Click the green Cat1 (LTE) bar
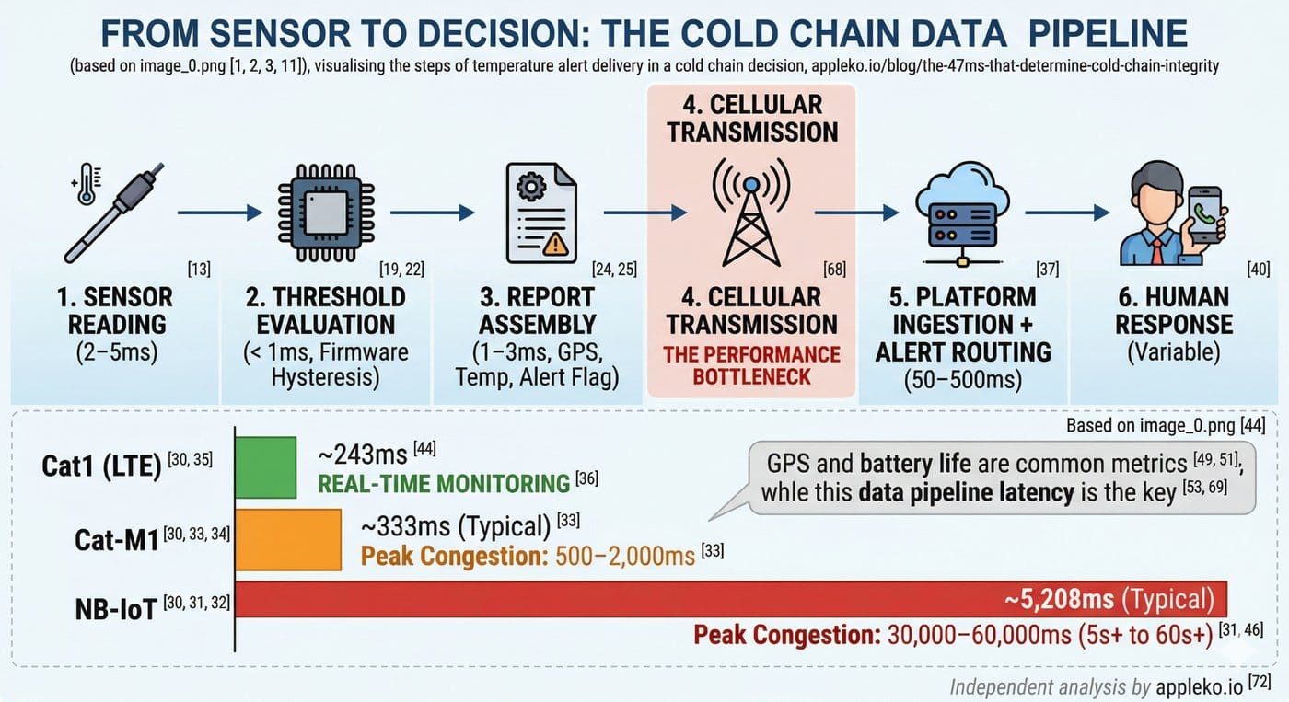tap(266, 468)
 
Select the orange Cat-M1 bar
tap(289, 539)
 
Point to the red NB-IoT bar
tap(732, 600)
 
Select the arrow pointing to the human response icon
tap(1066, 213)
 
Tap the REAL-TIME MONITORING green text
tap(444, 483)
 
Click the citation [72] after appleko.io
tap(1259, 683)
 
